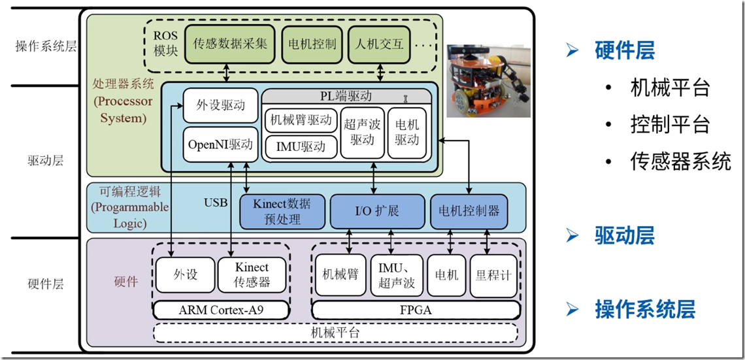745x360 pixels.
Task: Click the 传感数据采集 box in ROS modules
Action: (230, 44)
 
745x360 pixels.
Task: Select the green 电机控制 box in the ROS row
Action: (312, 44)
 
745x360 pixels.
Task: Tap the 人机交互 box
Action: (379, 44)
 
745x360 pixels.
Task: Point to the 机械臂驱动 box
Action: (301, 120)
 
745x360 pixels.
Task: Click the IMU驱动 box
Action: (301, 147)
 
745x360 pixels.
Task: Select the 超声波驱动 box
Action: (361, 133)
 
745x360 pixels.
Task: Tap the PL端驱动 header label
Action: (346, 96)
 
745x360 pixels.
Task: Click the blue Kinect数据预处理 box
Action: (282, 211)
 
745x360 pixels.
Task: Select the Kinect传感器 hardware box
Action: (252, 275)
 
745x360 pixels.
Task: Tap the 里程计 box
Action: (493, 275)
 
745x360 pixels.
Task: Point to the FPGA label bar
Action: (416, 310)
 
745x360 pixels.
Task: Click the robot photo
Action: (488, 80)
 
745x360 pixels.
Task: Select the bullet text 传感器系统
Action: (680, 161)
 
